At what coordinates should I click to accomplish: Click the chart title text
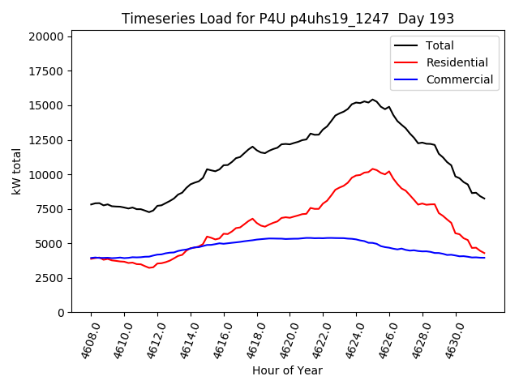(x=288, y=18)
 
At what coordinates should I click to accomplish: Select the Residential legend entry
(x=457, y=62)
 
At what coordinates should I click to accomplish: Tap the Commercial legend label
(x=459, y=79)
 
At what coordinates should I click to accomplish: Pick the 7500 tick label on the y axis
(x=51, y=209)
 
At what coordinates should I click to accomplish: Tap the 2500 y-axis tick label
(x=51, y=278)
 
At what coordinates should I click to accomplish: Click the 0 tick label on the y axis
(x=61, y=313)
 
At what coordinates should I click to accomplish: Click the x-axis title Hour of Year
(x=287, y=370)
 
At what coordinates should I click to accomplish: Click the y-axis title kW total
(x=16, y=171)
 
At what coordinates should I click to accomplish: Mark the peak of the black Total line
(x=372, y=100)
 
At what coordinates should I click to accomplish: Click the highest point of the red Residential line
(x=372, y=169)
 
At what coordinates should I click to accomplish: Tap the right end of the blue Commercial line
(x=484, y=258)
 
